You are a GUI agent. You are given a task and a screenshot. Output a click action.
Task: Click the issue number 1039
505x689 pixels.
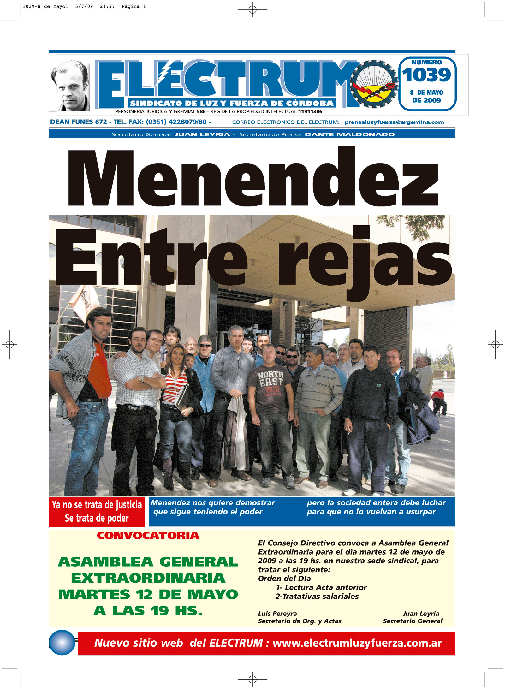pyautogui.click(x=426, y=75)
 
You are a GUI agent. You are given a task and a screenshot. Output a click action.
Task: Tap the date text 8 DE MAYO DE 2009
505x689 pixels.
pyautogui.click(x=426, y=96)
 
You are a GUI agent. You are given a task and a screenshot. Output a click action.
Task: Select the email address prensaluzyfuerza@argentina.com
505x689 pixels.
pyautogui.click(x=394, y=122)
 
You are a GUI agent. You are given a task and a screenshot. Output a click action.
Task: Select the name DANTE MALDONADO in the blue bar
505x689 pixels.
pyautogui.click(x=350, y=134)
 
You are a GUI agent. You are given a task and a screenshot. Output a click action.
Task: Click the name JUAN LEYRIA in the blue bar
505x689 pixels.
pyautogui.click(x=202, y=134)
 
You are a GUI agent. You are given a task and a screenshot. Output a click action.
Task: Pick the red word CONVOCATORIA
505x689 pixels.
pyautogui.click(x=148, y=536)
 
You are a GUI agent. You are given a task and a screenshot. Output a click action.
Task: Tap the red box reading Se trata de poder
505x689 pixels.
pyautogui.click(x=97, y=512)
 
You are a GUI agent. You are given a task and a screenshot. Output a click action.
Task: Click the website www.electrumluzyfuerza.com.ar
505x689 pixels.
pyautogui.click(x=357, y=643)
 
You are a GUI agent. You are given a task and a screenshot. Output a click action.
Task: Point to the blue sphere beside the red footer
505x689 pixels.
pyautogui.click(x=62, y=642)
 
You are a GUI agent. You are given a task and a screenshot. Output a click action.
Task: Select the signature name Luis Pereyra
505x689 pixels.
pyautogui.click(x=277, y=614)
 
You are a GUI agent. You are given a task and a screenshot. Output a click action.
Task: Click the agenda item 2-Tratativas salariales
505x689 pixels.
pyautogui.click(x=317, y=596)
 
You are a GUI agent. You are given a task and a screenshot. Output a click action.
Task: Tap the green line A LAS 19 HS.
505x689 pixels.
pyautogui.click(x=148, y=611)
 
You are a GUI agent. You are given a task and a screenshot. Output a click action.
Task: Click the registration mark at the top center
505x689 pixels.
pyautogui.click(x=252, y=10)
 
